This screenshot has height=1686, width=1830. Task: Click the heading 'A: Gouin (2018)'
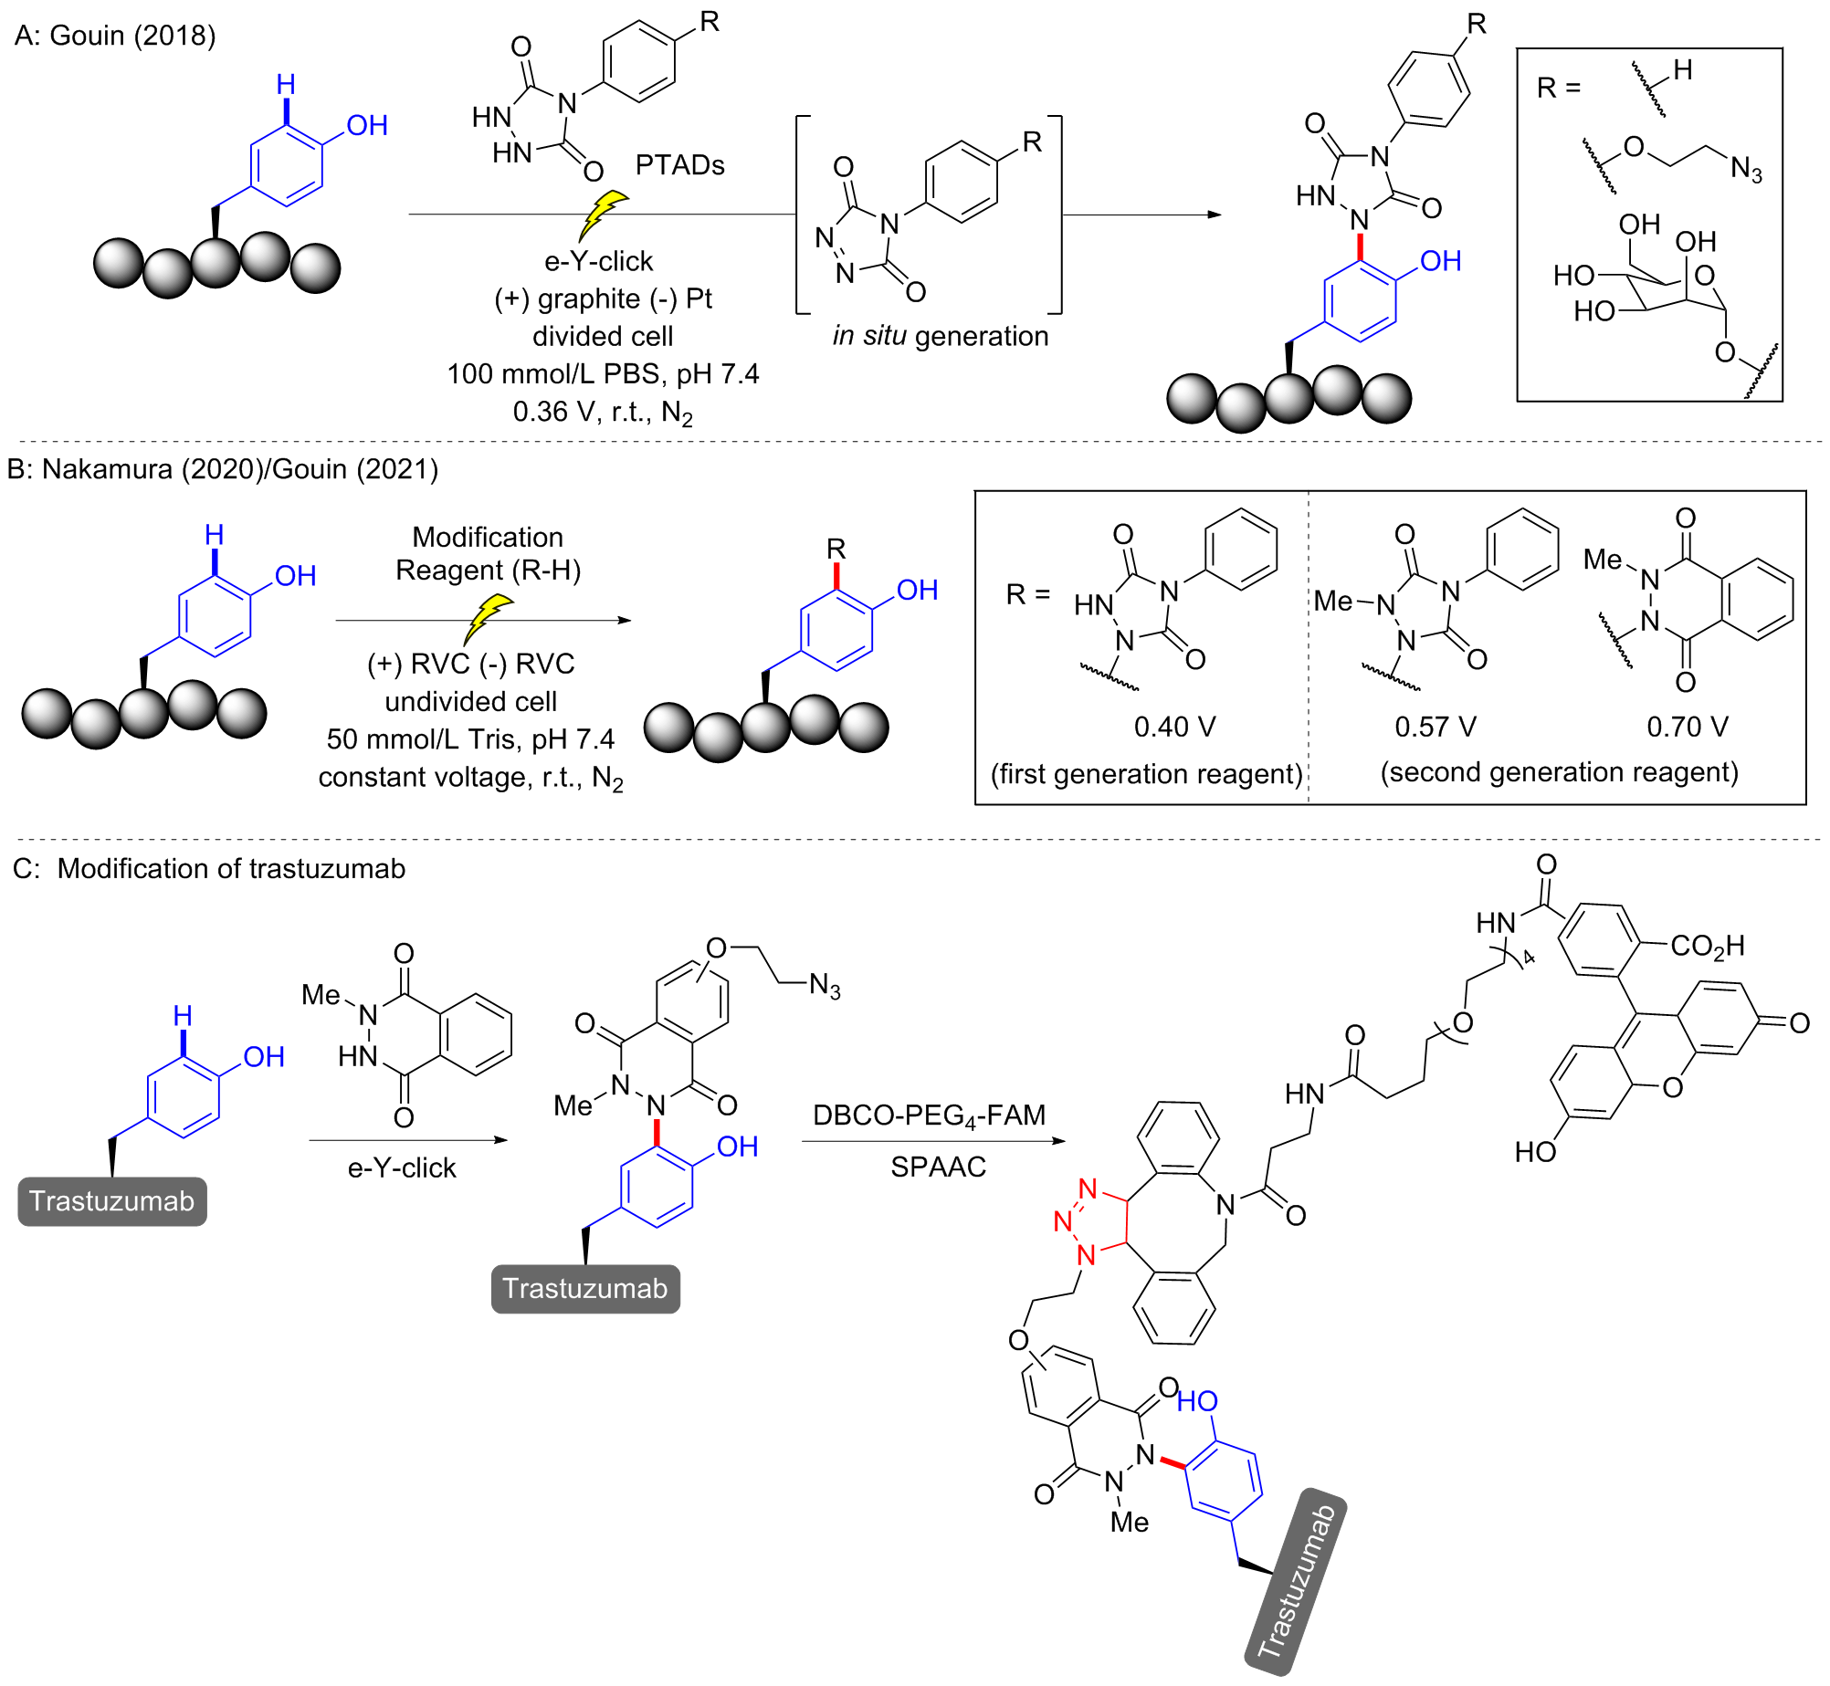115,36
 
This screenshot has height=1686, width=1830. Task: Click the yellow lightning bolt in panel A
602,215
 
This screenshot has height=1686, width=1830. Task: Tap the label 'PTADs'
679,165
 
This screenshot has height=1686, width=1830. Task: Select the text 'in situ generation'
940,336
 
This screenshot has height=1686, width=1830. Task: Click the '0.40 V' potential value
1174,727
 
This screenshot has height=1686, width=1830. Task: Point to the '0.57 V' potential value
1435,727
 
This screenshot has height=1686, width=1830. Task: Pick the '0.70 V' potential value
1687,727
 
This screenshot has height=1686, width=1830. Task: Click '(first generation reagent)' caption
1146,774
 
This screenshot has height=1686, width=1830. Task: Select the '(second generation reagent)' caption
1559,772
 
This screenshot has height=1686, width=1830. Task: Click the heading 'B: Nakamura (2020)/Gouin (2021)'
222,469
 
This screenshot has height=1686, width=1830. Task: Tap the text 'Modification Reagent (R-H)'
488,553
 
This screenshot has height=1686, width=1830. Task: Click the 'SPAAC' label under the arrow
938,1167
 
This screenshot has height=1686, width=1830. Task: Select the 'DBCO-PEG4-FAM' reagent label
929,1115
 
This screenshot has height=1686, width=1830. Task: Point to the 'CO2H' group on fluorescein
1707,947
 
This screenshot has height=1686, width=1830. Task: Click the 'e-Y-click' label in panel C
402,1168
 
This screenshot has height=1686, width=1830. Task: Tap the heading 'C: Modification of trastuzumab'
209,868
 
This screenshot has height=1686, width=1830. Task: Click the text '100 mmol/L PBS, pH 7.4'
603,374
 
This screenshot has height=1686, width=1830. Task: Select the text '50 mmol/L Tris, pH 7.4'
470,738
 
